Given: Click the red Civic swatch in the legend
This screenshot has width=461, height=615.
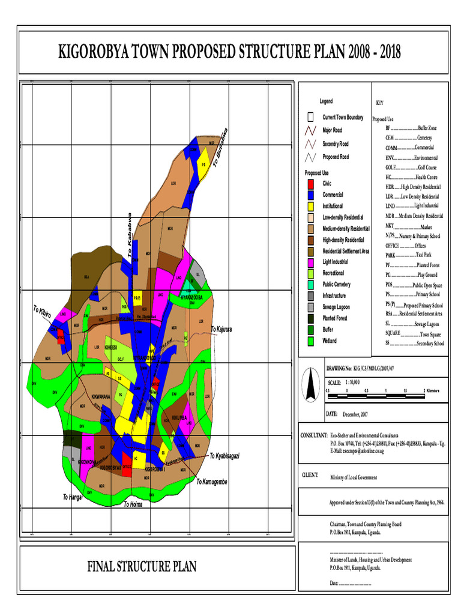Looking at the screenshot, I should point(310,184).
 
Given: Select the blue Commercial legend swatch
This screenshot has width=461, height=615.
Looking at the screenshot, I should point(310,195).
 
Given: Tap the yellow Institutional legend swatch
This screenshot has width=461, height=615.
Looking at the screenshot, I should point(310,206).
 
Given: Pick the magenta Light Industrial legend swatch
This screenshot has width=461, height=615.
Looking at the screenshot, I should point(310,262).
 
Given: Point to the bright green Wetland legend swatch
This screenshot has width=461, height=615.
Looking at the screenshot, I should point(310,341).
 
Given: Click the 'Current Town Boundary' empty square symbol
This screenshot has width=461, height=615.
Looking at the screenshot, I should point(310,117).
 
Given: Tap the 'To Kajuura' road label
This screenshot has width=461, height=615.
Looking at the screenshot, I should point(221,330).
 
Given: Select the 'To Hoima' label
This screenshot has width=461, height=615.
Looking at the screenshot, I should point(133,504).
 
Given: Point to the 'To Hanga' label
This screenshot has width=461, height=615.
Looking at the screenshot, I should point(72,497).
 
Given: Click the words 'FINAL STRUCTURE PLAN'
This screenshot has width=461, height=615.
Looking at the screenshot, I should point(142,566).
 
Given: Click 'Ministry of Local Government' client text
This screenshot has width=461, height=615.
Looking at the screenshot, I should point(354,477).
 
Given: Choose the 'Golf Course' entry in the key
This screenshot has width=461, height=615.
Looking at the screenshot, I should point(411,168).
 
